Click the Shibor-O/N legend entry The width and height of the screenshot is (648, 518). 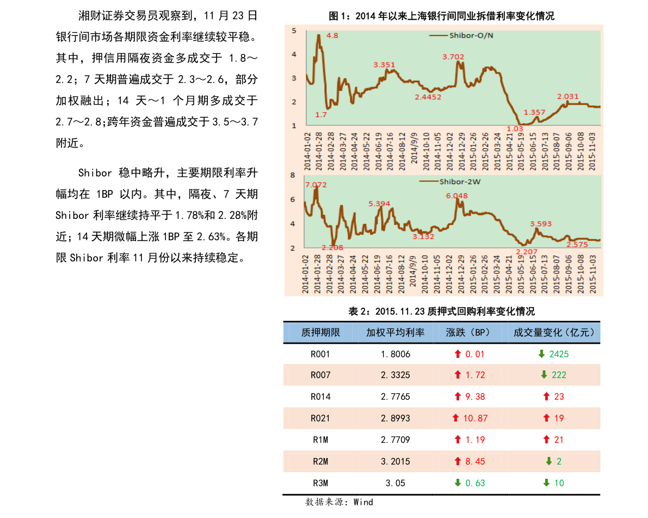[x=462, y=35]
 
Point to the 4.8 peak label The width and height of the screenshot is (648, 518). [x=332, y=36]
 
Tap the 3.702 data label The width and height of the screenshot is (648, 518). [x=453, y=57]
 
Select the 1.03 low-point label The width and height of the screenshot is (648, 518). [x=515, y=129]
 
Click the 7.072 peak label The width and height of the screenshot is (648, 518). [x=316, y=185]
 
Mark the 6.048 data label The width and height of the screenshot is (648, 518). [x=456, y=196]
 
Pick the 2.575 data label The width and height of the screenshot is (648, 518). [x=577, y=245]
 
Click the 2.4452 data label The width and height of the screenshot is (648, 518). [x=428, y=97]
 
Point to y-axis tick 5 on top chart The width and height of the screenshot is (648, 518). [x=294, y=31]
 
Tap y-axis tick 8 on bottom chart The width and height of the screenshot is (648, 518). [x=293, y=175]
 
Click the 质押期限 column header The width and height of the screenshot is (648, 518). [x=320, y=332]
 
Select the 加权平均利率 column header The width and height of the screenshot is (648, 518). [x=395, y=332]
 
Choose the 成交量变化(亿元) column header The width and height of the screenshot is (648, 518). [x=554, y=332]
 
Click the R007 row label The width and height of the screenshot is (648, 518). [x=320, y=375]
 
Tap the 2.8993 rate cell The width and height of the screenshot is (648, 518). [x=395, y=418]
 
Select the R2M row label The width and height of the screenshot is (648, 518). [x=320, y=461]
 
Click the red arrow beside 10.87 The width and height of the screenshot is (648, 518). [x=456, y=418]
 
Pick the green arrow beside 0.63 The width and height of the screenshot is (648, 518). [x=458, y=483]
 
